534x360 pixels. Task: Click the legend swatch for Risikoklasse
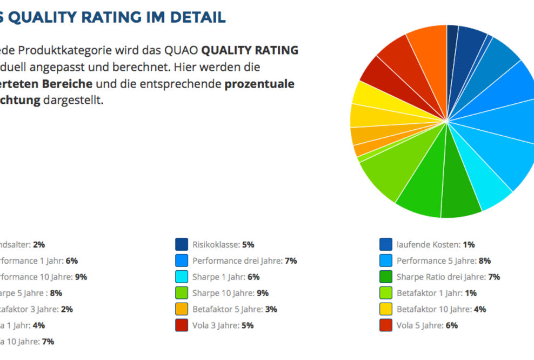[182, 244]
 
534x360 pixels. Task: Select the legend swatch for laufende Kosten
[386, 244]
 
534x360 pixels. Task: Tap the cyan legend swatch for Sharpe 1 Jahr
[182, 277]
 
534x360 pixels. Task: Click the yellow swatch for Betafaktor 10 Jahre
[386, 309]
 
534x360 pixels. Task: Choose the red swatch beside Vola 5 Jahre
[386, 325]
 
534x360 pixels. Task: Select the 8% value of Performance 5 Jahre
[484, 261]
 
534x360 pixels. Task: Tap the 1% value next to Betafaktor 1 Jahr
[470, 293]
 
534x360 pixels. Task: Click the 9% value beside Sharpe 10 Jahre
[262, 293]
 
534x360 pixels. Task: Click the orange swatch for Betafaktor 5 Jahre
[182, 309]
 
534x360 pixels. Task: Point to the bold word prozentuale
[259, 84]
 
